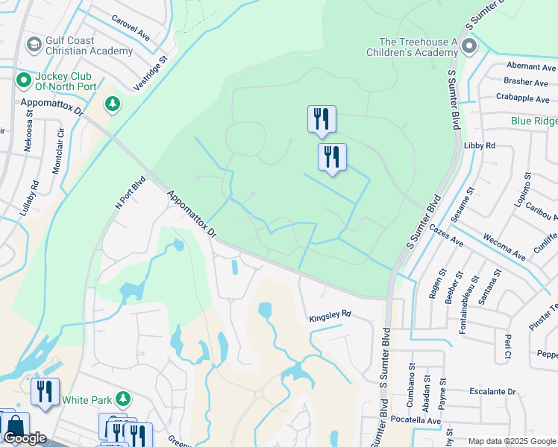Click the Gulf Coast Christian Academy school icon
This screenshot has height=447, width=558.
pyautogui.click(x=34, y=45)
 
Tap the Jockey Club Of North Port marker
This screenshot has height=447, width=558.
pyautogui.click(x=23, y=78)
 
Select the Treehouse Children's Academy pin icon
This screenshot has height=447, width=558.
pyautogui.click(x=469, y=48)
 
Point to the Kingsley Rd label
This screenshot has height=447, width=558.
pyautogui.click(x=330, y=317)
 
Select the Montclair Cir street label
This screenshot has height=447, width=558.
pyautogui.click(x=57, y=154)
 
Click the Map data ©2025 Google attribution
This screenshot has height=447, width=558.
pyautogui.click(x=512, y=441)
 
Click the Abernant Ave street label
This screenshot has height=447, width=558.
pyautogui.click(x=531, y=66)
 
